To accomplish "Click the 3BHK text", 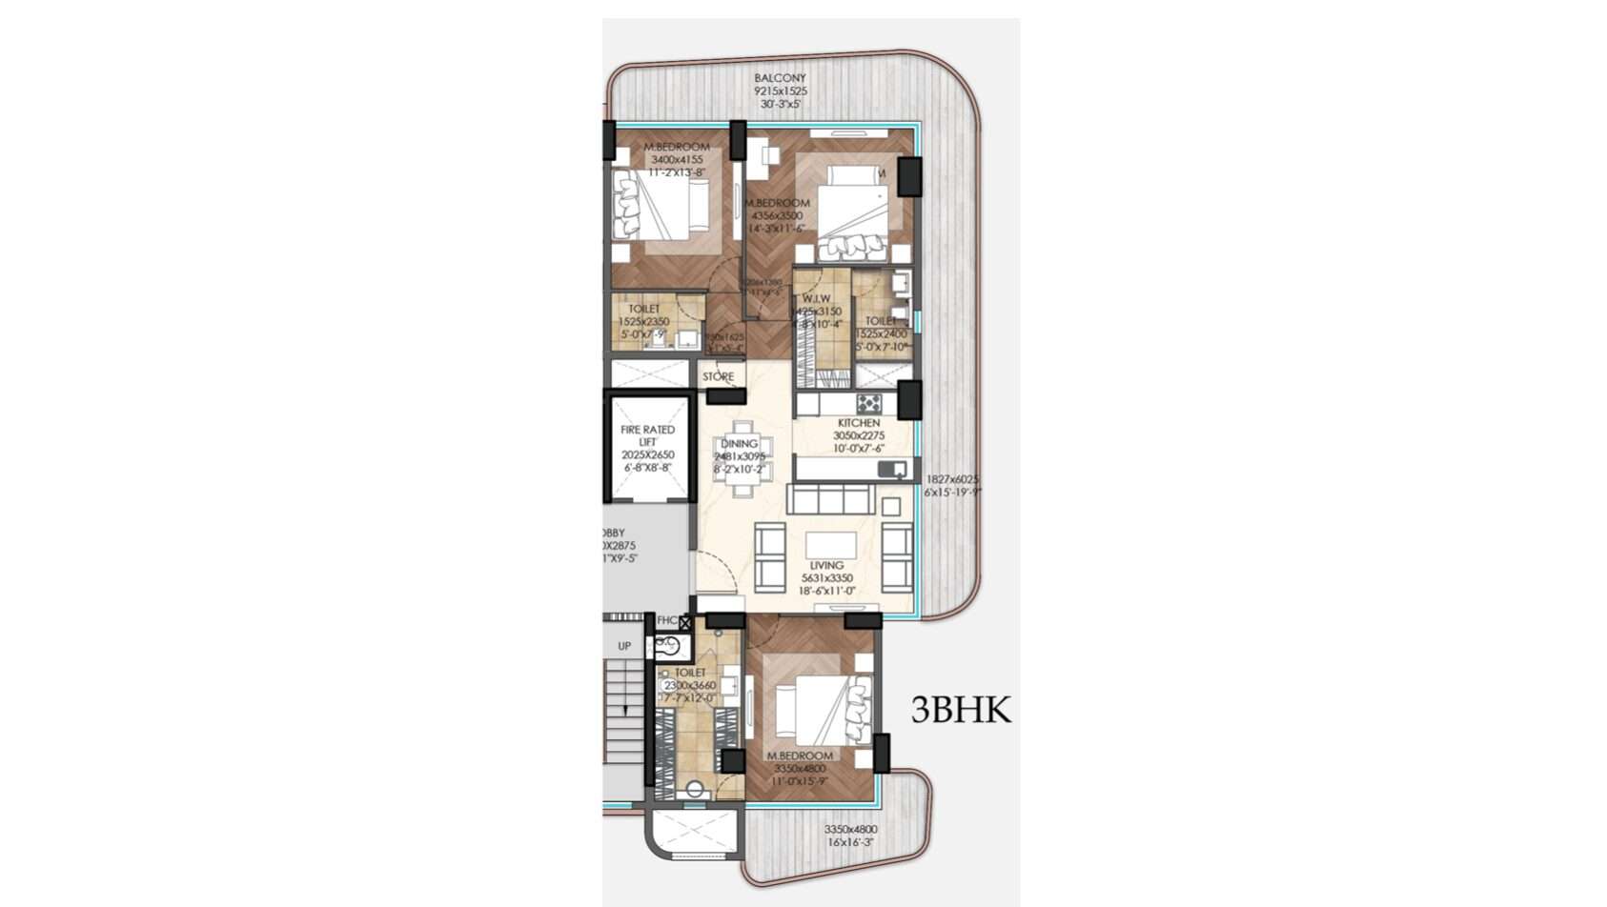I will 960,711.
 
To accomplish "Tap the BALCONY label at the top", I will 780,78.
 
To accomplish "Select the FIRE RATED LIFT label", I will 647,435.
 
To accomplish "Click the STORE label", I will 718,377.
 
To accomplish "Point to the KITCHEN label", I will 859,423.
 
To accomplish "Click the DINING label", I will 739,444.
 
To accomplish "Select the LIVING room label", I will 825,566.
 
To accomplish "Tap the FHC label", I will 666,621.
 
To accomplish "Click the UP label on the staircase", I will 624,646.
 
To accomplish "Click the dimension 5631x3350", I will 826,578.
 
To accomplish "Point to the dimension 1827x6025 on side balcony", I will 952,479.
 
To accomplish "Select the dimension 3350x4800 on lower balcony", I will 850,830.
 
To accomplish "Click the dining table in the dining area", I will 741,459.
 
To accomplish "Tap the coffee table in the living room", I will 831,545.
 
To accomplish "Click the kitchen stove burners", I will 868,403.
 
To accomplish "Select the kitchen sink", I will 892,468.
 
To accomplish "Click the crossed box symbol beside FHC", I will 684,622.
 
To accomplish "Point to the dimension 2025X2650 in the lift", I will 647,455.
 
